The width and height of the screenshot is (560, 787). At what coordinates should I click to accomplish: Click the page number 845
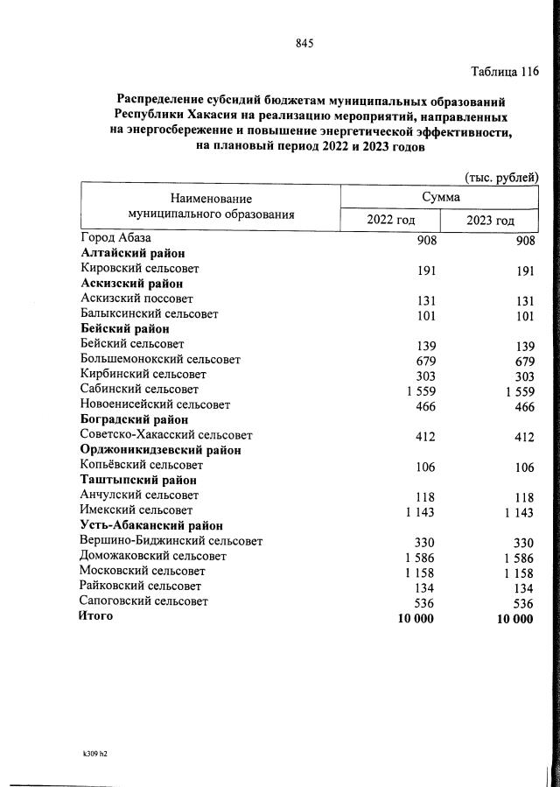304,43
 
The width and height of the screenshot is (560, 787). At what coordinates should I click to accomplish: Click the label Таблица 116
504,71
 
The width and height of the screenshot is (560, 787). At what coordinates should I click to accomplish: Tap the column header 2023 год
490,220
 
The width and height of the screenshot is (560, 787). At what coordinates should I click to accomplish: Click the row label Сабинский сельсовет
139,390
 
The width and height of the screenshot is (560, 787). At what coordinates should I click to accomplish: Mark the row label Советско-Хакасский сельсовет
165,435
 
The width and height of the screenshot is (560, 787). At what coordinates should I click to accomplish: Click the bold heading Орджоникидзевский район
160,450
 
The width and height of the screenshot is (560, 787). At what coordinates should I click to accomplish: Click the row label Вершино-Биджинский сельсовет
171,541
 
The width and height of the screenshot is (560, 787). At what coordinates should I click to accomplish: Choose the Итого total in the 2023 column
513,619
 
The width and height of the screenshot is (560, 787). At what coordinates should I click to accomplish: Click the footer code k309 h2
95,752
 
